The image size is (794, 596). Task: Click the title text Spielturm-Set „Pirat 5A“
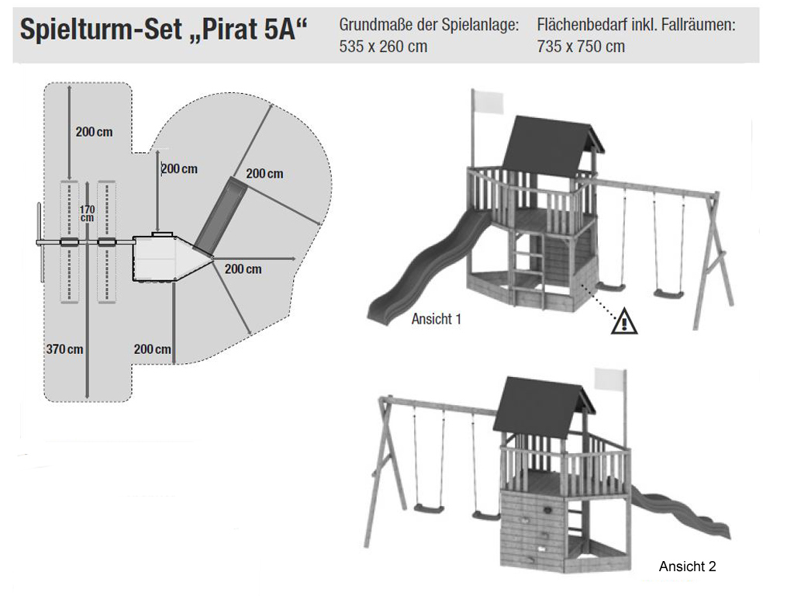pyautogui.click(x=164, y=29)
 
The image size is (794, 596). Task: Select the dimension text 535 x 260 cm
pyautogui.click(x=383, y=47)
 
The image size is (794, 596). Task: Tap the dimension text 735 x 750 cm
pyautogui.click(x=581, y=47)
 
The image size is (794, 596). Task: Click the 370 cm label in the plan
pyautogui.click(x=65, y=349)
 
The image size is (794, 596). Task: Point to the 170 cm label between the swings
pyautogui.click(x=87, y=213)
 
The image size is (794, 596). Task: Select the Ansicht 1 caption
pyautogui.click(x=436, y=319)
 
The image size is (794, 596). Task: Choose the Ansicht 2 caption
pyautogui.click(x=687, y=566)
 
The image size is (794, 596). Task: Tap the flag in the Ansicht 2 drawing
pyautogui.click(x=609, y=379)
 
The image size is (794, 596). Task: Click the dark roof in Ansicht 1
pyautogui.click(x=552, y=147)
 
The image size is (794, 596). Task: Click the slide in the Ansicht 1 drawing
pyautogui.click(x=426, y=269)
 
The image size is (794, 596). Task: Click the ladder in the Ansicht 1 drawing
pyautogui.click(x=528, y=271)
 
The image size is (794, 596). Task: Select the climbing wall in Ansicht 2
pyautogui.click(x=533, y=527)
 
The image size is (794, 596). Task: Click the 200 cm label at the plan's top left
pyautogui.click(x=94, y=132)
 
